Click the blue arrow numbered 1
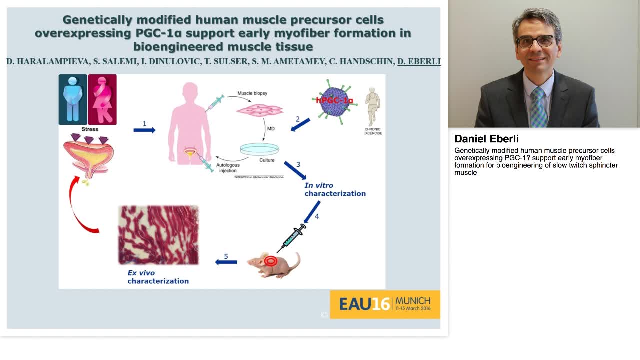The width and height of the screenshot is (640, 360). coord(144,130)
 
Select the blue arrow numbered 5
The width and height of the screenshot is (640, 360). coord(226,262)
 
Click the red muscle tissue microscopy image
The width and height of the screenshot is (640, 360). coord(158,235)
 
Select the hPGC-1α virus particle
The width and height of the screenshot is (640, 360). coord(335,101)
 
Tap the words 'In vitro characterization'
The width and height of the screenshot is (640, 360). coord(335,189)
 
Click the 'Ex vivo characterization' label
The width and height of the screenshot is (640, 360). coord(158,277)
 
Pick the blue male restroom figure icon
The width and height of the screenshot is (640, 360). coord(73,99)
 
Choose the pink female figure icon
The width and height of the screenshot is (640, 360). coord(102,99)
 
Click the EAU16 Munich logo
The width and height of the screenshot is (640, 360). coord(385,304)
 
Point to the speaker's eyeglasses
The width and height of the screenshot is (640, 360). coord(535,41)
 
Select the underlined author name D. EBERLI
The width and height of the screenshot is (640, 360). coord(419,61)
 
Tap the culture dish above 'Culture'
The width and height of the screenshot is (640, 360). coord(259,149)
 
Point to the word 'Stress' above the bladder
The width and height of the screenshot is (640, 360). coord(90,129)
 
